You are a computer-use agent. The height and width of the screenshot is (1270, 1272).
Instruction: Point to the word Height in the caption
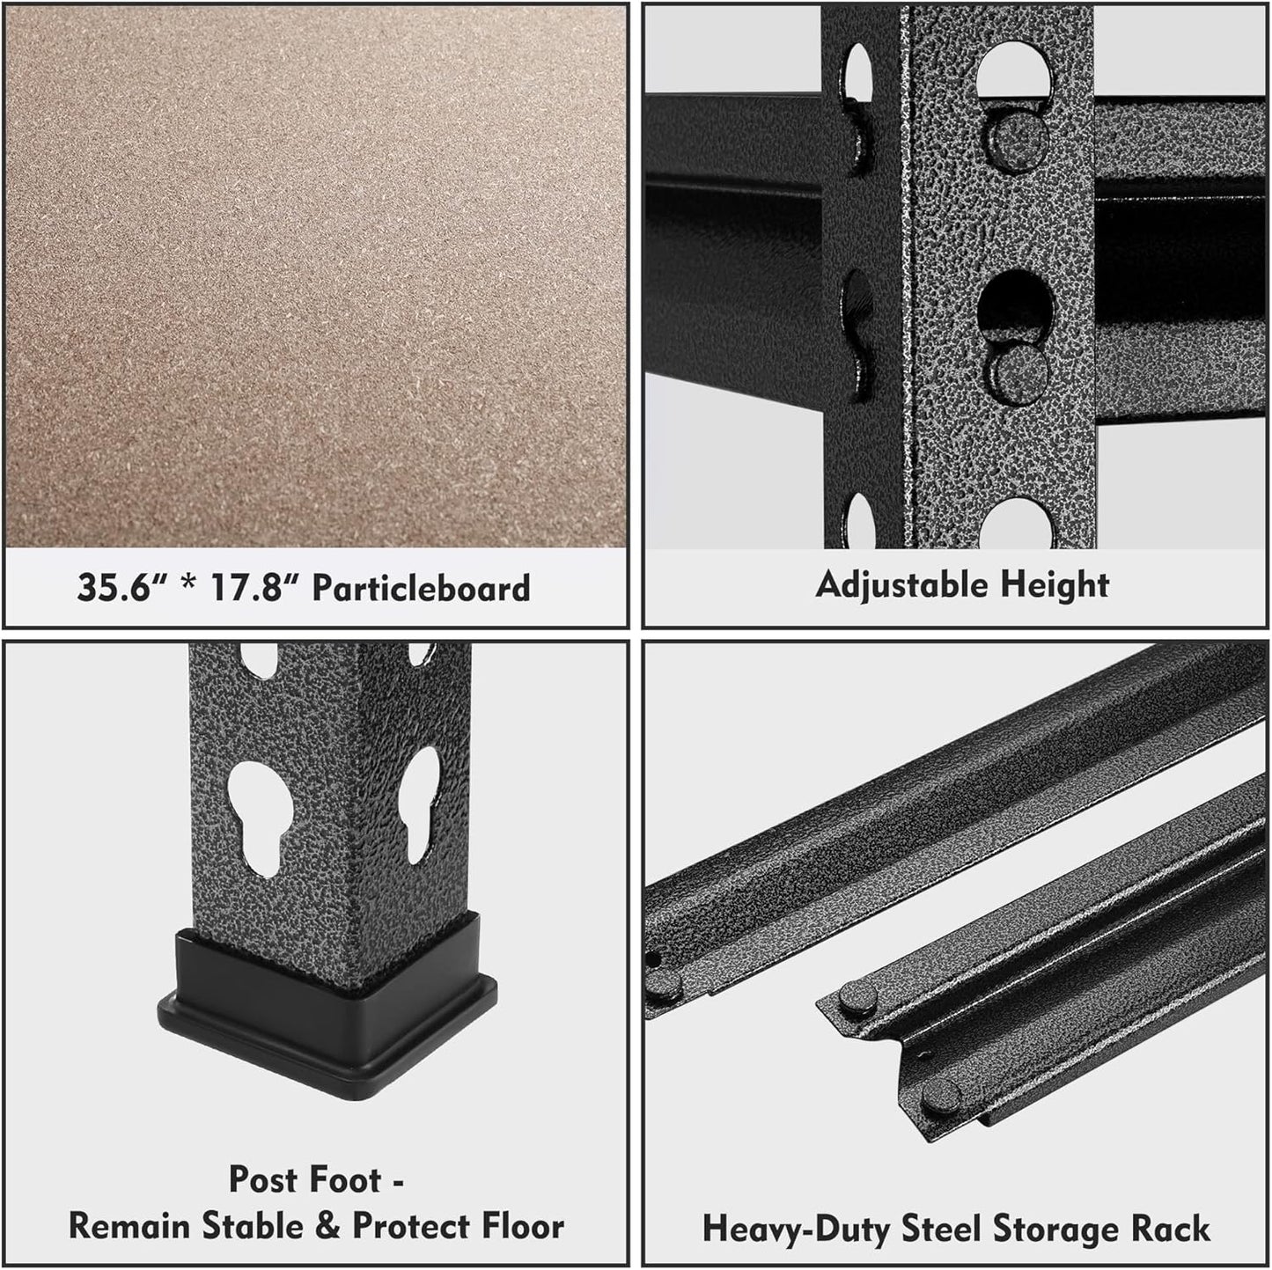[x=1055, y=584]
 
